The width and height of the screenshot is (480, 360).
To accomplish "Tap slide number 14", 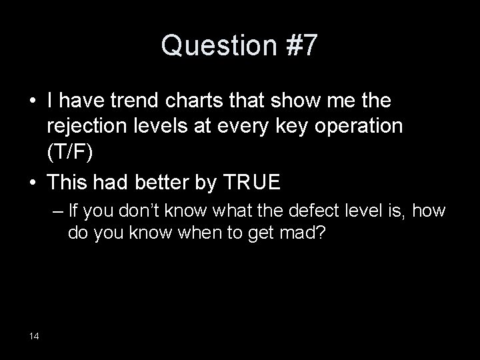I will [34, 335].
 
